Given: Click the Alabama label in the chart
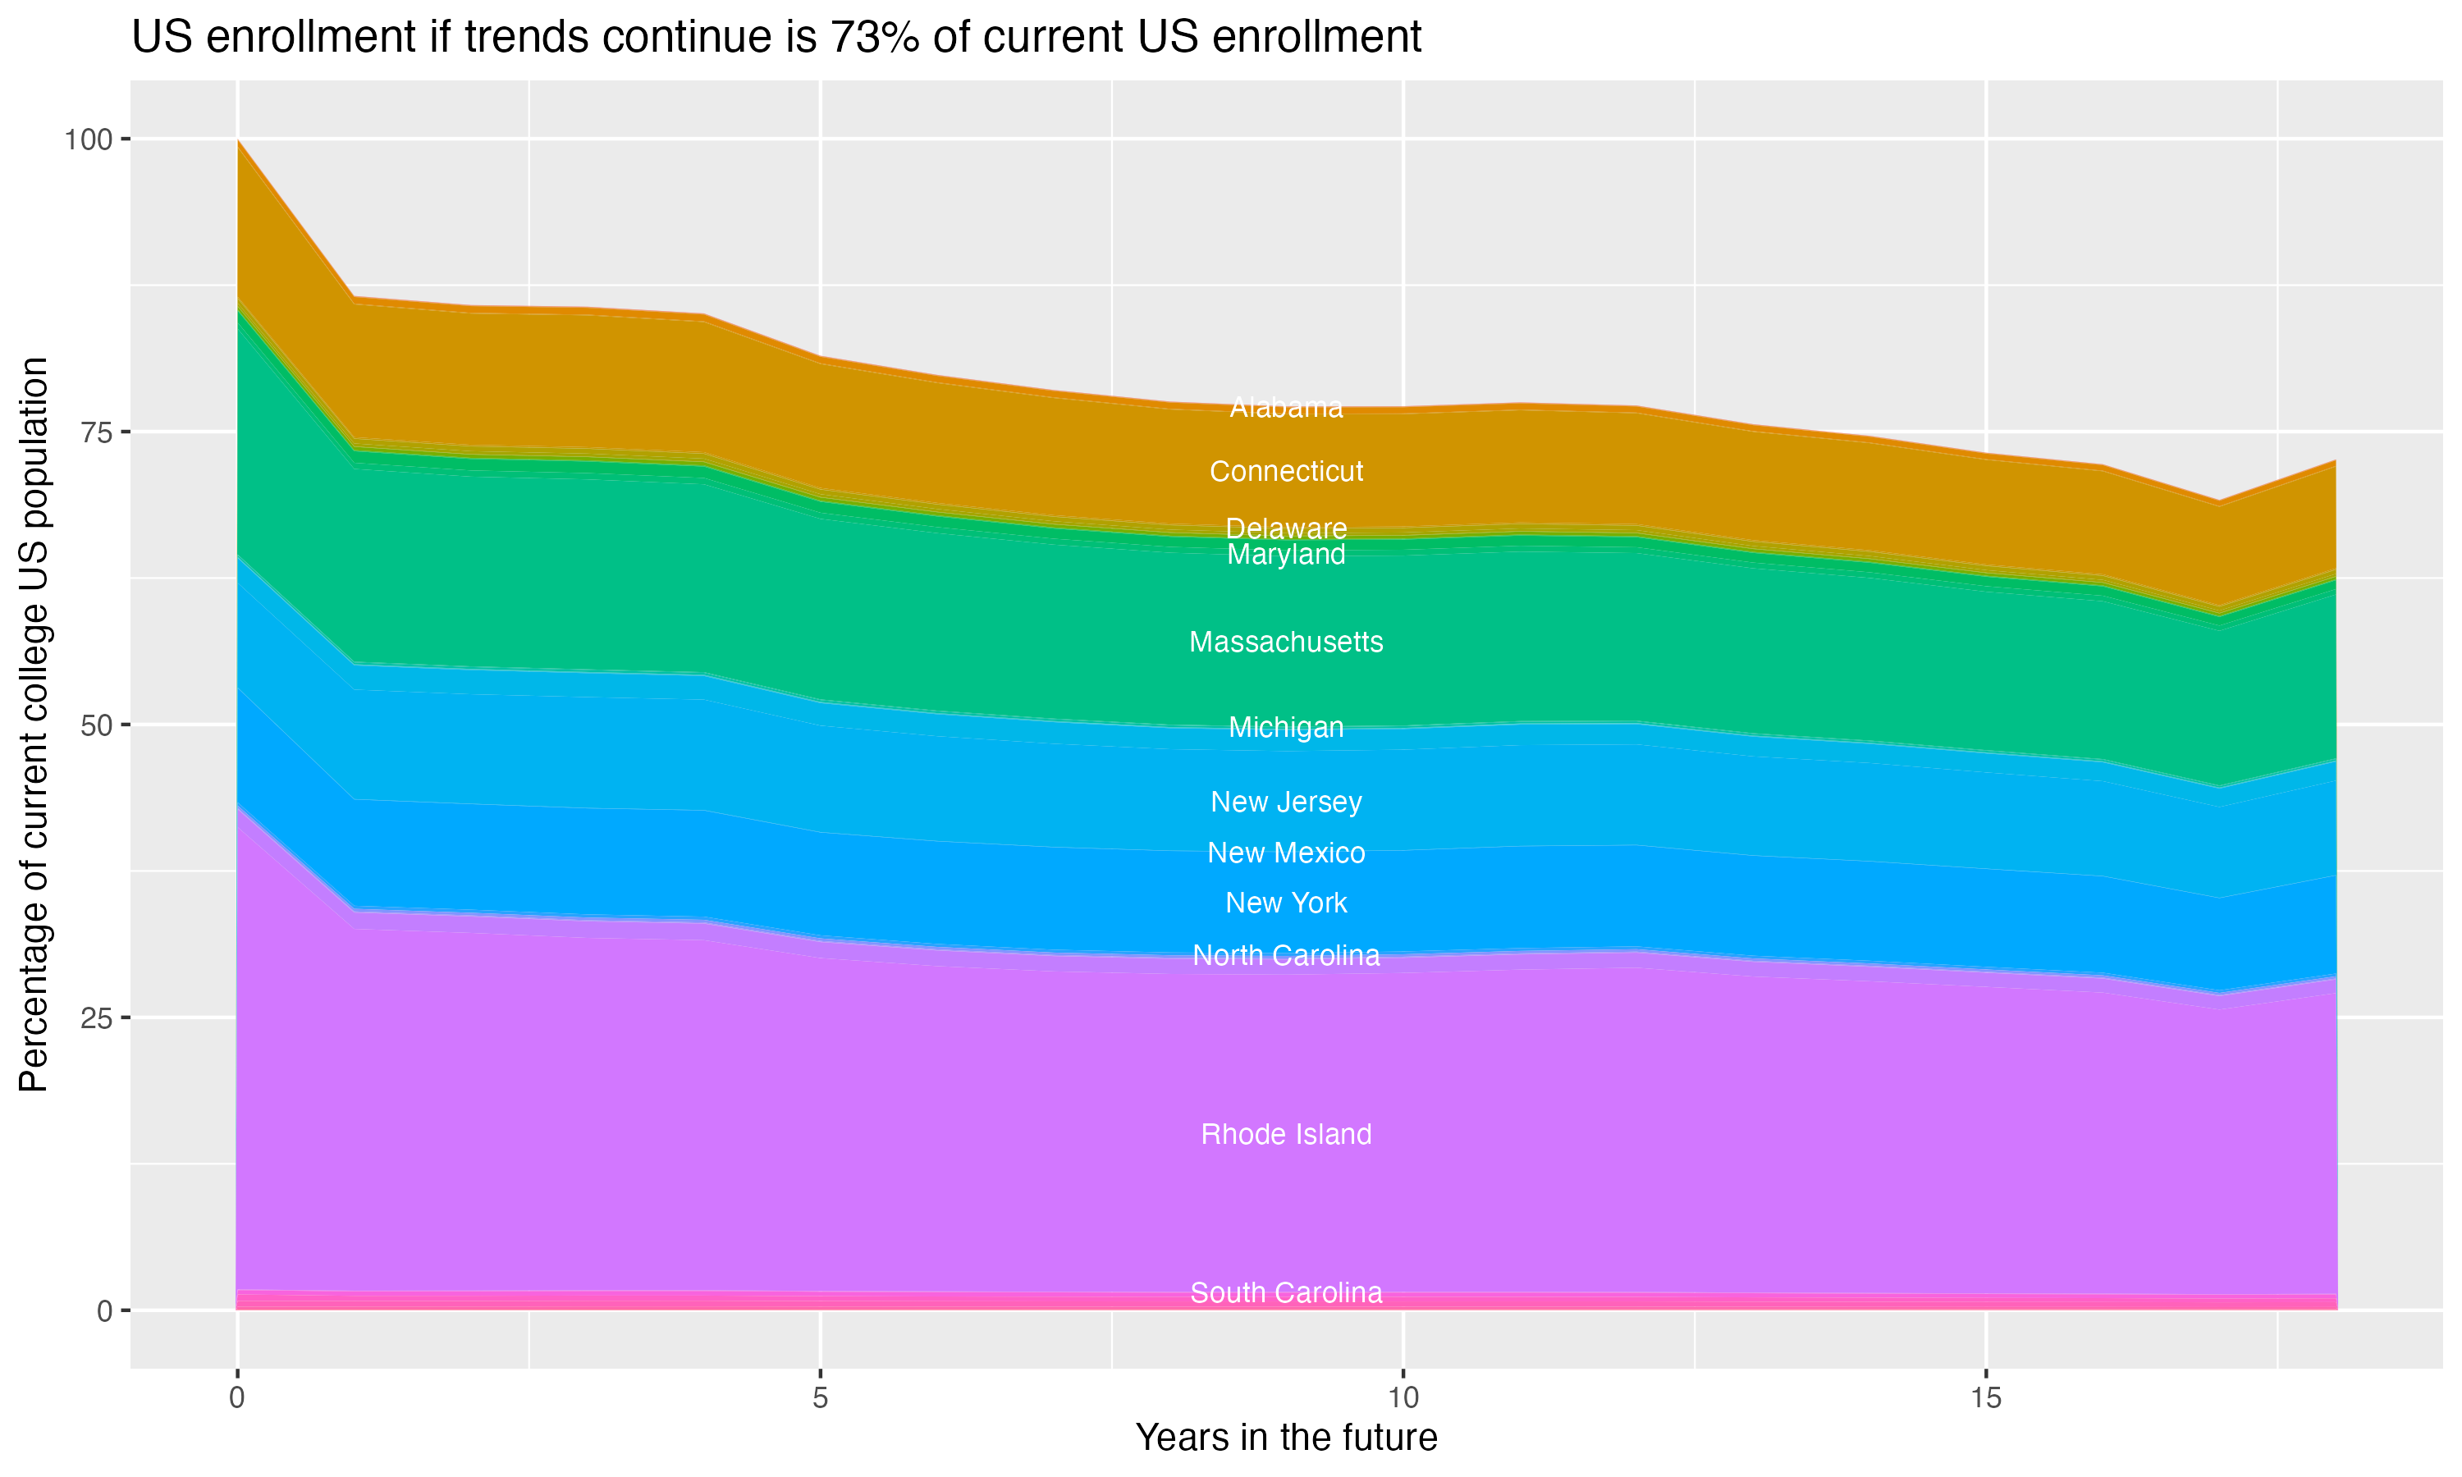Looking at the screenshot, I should point(1286,407).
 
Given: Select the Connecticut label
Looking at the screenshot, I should point(1286,471).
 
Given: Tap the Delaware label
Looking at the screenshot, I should point(1286,528).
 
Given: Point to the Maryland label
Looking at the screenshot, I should point(1286,555).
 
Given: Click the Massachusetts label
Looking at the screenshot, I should point(1286,642).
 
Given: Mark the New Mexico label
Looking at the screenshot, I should point(1286,852).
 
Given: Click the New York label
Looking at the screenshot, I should point(1286,903).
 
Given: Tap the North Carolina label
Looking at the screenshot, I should point(1286,955).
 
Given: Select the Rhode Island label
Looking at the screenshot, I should point(1286,1134).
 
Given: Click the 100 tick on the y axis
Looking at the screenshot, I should point(88,139).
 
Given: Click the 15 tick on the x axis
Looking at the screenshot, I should point(1985,1398).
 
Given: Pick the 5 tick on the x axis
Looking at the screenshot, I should point(820,1398).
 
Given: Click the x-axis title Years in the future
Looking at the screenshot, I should point(1286,1437).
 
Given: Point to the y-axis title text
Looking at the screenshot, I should point(34,725).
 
